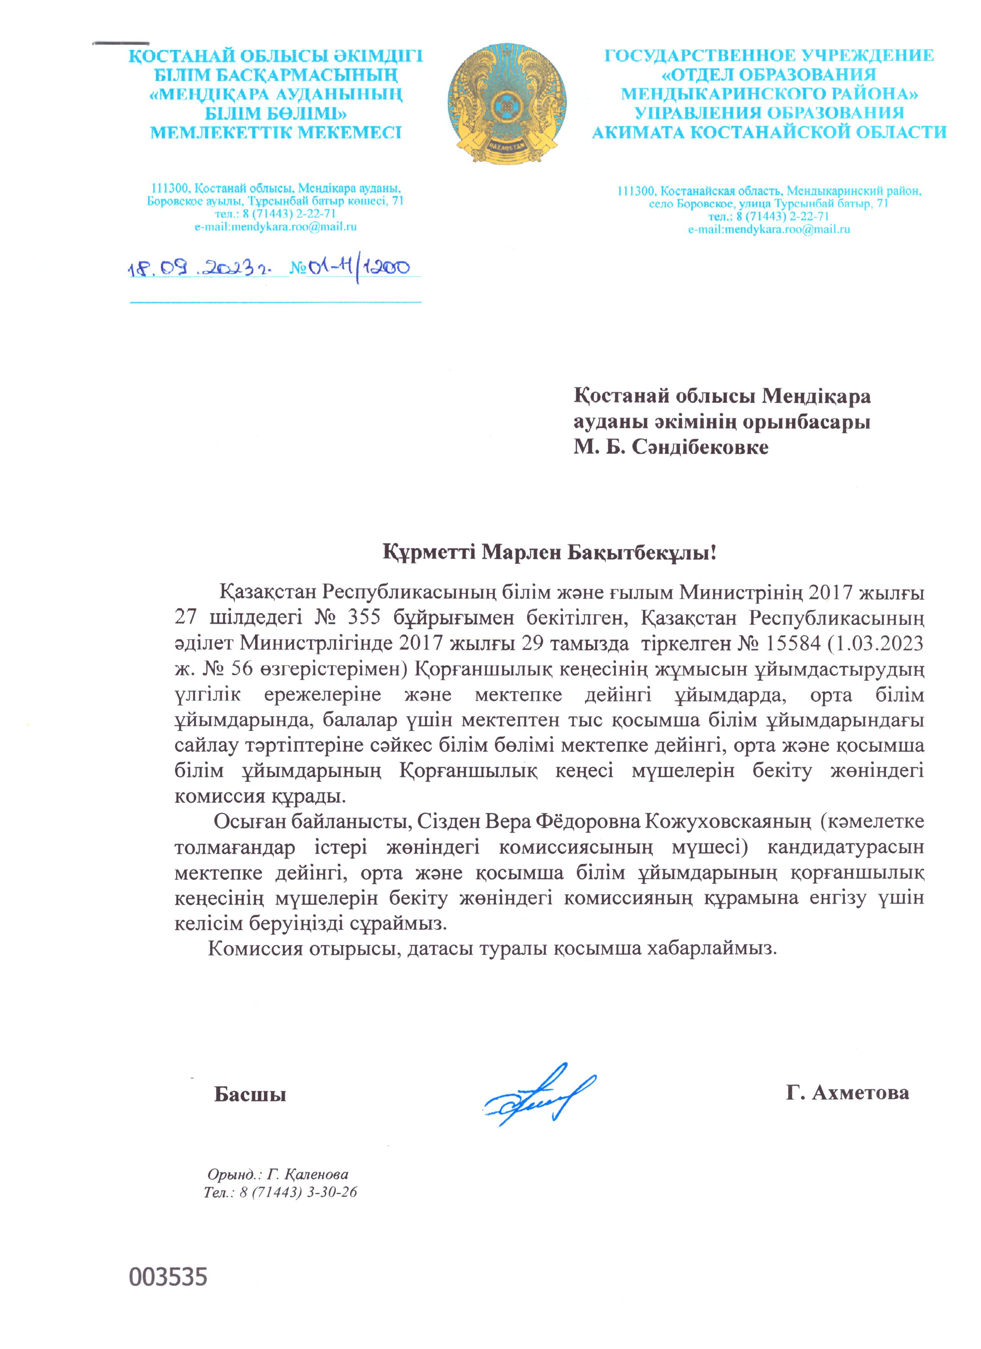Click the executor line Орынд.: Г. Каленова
(x=278, y=1175)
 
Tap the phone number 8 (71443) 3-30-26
(x=297, y=1192)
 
